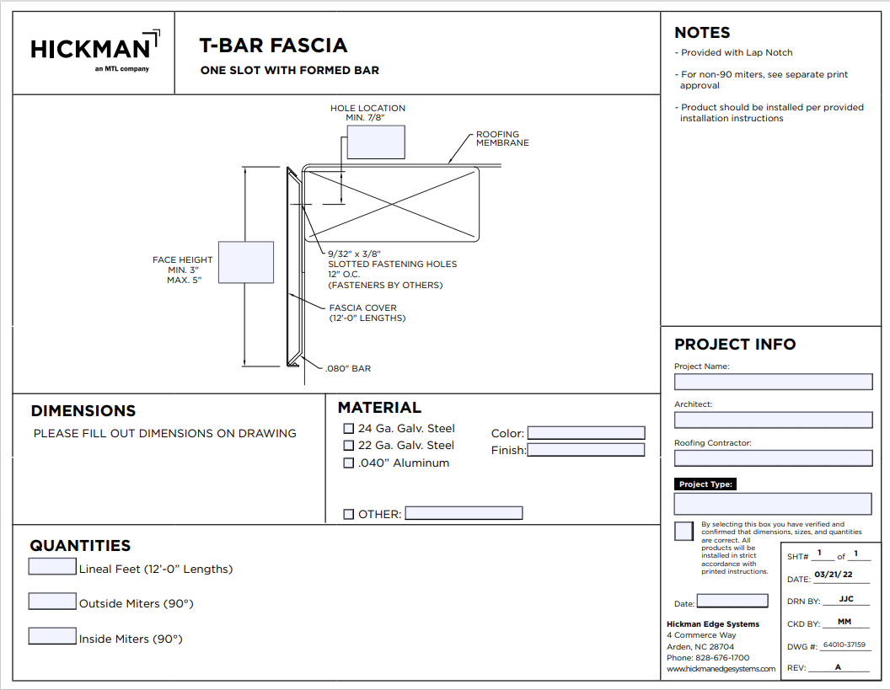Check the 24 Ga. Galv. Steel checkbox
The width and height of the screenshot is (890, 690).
[348, 429]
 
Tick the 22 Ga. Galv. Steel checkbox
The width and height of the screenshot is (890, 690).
[348, 446]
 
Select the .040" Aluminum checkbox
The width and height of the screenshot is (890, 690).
[348, 463]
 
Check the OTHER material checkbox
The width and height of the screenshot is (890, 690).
[348, 514]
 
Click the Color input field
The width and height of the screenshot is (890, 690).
[586, 433]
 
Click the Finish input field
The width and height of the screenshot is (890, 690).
[586, 450]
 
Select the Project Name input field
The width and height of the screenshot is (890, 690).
[773, 382]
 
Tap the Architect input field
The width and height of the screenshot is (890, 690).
[773, 420]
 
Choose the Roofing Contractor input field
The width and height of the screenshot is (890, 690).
[773, 458]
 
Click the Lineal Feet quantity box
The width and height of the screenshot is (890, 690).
[52, 566]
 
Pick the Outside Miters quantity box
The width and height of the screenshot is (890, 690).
[52, 602]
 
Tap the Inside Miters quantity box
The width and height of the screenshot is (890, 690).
[52, 636]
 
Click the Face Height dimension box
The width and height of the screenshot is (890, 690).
[246, 262]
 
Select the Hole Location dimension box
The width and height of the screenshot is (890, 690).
[376, 142]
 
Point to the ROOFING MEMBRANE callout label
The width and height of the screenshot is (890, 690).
[502, 138]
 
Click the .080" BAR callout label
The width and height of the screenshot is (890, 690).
[348, 368]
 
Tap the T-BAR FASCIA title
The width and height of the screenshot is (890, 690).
[273, 45]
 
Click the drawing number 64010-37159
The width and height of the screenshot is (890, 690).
[844, 645]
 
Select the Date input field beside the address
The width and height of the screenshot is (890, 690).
[732, 601]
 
